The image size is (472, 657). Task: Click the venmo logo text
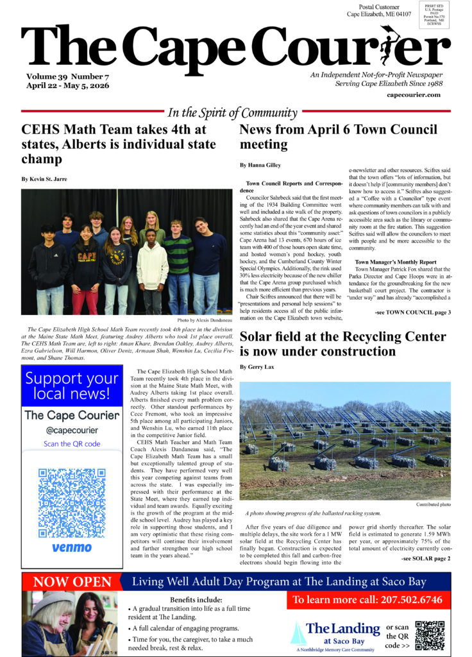point(71,549)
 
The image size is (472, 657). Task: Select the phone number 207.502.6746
point(367,600)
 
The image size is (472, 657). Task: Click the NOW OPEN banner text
point(72,582)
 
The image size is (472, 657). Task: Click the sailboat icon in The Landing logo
point(297,633)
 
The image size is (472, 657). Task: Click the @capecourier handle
point(72,429)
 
